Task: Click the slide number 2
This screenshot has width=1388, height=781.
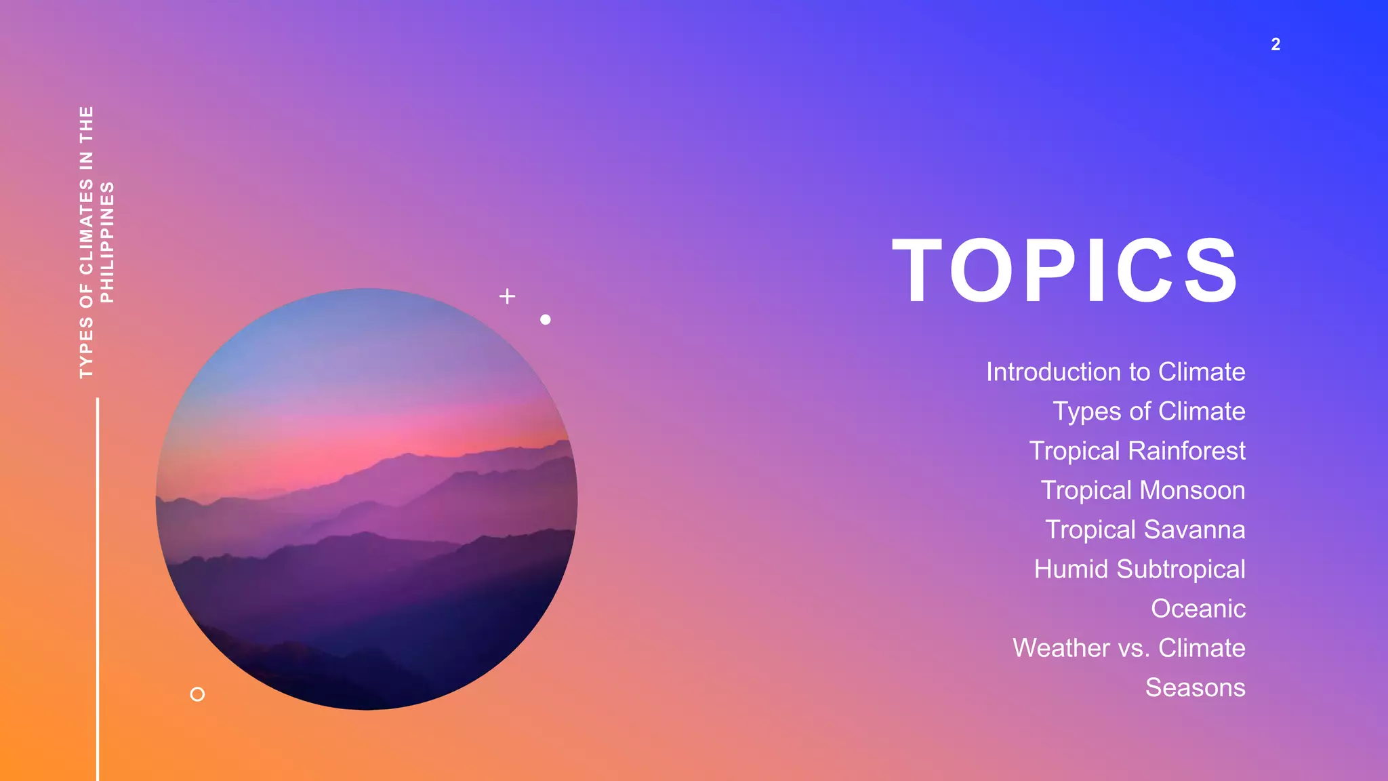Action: pyautogui.click(x=1275, y=45)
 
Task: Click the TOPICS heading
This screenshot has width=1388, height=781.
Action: pyautogui.click(x=1065, y=271)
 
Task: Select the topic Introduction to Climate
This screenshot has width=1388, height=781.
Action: pyautogui.click(x=1115, y=372)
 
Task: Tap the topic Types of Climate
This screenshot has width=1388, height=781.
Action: pyautogui.click(x=1148, y=412)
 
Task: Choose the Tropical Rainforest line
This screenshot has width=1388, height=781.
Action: pyautogui.click(x=1137, y=451)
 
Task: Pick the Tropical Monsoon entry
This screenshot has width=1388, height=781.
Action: pyautogui.click(x=1143, y=490)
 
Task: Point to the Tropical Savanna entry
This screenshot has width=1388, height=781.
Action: pyautogui.click(x=1145, y=529)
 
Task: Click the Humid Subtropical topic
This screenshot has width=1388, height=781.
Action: pyautogui.click(x=1139, y=569)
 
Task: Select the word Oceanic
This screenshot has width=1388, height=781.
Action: pyautogui.click(x=1198, y=609)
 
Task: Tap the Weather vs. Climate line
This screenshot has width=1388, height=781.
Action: pyautogui.click(x=1128, y=648)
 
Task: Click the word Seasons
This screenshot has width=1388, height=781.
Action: pyautogui.click(x=1195, y=687)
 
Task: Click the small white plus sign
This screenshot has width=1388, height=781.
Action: pyautogui.click(x=507, y=296)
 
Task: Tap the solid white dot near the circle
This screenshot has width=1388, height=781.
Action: pyautogui.click(x=546, y=319)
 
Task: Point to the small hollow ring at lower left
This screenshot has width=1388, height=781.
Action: pyautogui.click(x=197, y=694)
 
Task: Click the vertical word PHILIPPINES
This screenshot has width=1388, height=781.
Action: pyautogui.click(x=107, y=242)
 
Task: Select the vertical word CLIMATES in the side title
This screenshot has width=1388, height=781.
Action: pyautogui.click(x=86, y=227)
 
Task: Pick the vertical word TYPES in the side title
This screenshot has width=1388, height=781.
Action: pyautogui.click(x=86, y=347)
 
